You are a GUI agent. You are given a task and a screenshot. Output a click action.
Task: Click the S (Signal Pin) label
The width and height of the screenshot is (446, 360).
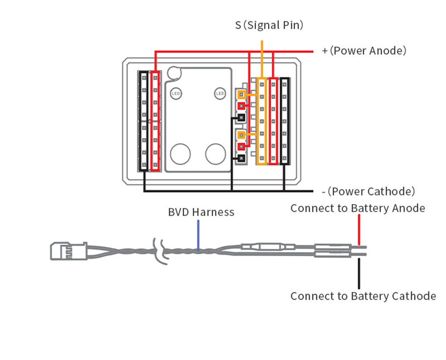(269, 25)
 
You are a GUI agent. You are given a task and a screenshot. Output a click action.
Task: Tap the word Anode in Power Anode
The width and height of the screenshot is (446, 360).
(388, 51)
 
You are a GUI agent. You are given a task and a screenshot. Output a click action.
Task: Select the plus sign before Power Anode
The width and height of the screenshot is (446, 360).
(325, 51)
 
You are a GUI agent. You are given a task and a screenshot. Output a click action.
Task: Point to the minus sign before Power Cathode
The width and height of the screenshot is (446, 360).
(323, 192)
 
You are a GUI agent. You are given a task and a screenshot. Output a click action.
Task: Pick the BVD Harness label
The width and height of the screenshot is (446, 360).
(201, 212)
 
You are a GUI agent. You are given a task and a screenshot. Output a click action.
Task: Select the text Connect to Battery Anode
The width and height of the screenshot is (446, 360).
(358, 208)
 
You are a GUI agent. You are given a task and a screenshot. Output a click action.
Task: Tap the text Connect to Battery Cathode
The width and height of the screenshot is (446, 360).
(363, 296)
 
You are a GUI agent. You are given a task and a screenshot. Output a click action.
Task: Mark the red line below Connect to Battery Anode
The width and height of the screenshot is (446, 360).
(358, 232)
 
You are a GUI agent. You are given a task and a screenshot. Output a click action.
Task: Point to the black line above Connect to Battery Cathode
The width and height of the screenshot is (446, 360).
(358, 273)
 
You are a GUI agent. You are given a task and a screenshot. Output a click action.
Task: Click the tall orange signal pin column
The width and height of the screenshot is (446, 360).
(261, 121)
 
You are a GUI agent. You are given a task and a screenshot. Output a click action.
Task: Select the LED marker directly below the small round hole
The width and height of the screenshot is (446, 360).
(176, 94)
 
